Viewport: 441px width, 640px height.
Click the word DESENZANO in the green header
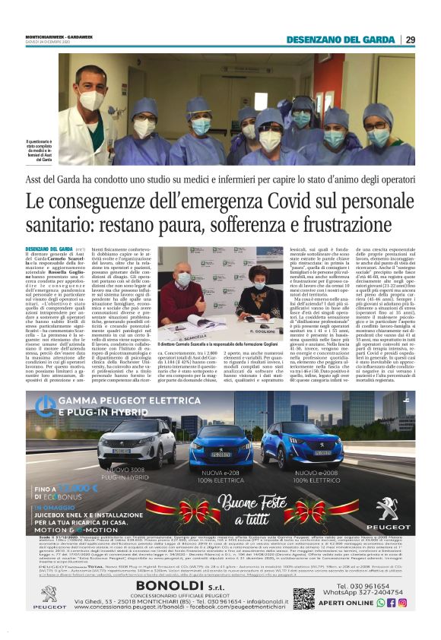[329, 40]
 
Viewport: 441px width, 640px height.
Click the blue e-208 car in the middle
[220, 447]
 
